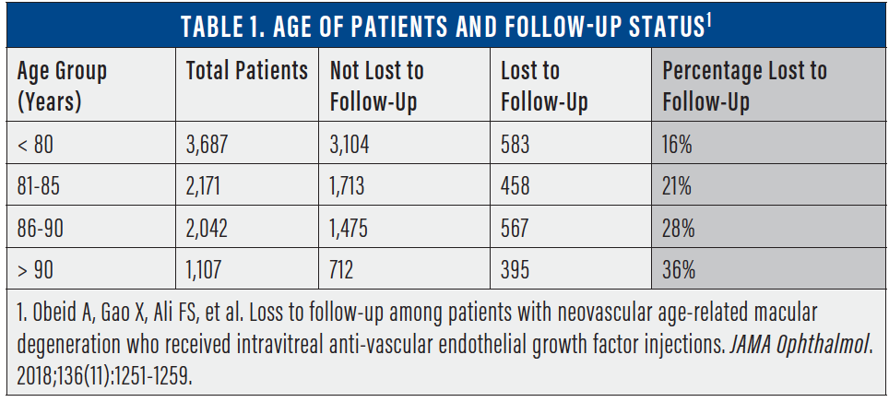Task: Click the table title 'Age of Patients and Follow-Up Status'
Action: click(x=444, y=24)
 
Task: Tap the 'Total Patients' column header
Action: click(x=246, y=71)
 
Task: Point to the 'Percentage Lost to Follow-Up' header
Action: click(x=744, y=86)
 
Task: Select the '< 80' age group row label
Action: click(x=38, y=145)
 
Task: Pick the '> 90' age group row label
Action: click(x=38, y=270)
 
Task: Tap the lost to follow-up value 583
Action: click(x=516, y=145)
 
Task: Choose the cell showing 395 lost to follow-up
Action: click(x=516, y=270)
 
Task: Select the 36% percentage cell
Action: click(x=679, y=270)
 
